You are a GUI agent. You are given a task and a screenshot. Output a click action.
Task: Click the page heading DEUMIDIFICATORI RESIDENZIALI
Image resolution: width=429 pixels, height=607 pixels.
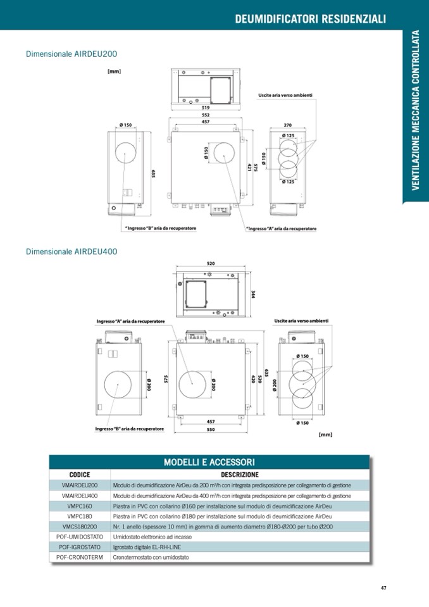(310, 19)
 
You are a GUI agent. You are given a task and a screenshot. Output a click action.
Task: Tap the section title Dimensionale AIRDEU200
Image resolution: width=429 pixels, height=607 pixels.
(71, 54)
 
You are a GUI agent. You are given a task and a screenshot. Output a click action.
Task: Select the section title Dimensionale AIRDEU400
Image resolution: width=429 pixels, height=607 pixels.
(71, 251)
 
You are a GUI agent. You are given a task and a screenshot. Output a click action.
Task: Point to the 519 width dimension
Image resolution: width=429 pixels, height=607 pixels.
(206, 108)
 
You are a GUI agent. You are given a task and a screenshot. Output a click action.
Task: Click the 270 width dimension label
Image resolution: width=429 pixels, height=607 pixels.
(288, 125)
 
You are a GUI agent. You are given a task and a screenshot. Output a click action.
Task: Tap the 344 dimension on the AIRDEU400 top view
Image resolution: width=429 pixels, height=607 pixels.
(252, 294)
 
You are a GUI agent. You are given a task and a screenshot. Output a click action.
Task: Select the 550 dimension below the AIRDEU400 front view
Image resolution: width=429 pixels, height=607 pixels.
(210, 429)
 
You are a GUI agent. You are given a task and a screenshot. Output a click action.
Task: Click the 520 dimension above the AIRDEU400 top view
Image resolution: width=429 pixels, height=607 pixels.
(210, 263)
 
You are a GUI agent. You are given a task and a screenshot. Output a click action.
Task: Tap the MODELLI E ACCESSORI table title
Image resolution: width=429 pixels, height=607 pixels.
(209, 462)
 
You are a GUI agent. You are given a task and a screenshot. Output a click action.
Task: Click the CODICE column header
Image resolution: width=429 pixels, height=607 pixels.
(80, 474)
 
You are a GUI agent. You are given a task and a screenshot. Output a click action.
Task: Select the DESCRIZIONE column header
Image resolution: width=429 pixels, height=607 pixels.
(239, 474)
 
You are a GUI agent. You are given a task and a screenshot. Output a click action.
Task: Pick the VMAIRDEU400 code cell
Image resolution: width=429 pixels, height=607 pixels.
(80, 496)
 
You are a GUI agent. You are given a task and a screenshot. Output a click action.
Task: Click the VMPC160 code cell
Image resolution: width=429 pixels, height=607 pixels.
(80, 506)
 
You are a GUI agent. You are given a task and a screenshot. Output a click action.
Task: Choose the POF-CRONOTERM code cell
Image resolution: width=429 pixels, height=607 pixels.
(80, 557)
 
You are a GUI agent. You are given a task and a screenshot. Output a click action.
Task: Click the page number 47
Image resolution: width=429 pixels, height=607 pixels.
(383, 587)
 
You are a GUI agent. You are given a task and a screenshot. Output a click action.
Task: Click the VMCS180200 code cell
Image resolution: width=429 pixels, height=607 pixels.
(80, 526)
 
